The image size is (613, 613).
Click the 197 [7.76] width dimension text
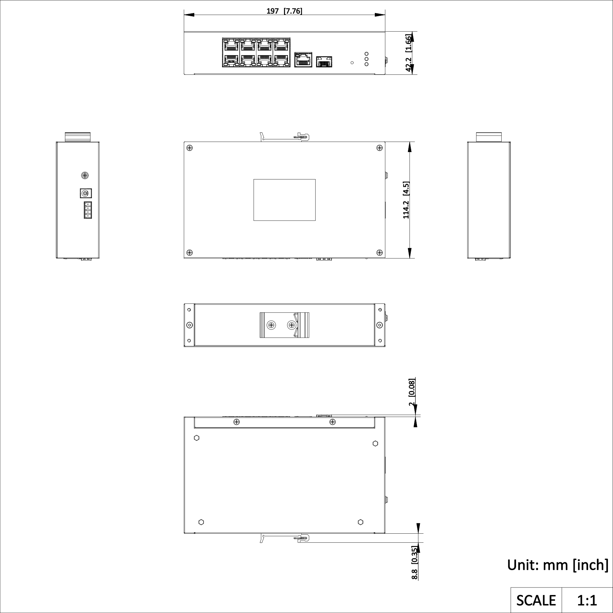tap(284, 11)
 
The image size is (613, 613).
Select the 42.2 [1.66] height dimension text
tap(409, 53)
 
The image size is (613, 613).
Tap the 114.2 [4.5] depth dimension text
tap(406, 200)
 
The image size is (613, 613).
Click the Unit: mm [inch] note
tap(558, 565)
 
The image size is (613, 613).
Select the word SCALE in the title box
tap(536, 600)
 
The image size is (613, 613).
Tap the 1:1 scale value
tap(587, 600)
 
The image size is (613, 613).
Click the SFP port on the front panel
tap(324, 62)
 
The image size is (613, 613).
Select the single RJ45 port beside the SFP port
tap(303, 59)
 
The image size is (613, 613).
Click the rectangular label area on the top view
tap(284, 200)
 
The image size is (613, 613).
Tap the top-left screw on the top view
tap(190, 147)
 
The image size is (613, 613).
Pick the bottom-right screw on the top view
tap(379, 252)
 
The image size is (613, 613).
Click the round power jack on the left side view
tap(85, 193)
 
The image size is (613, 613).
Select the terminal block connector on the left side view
tap(88, 210)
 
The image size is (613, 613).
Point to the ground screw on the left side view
tap(85, 176)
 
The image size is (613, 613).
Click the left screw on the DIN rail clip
tap(271, 325)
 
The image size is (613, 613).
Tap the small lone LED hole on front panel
tap(352, 63)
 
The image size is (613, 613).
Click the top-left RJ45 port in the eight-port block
tap(231, 46)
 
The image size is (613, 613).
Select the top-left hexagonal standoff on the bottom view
tap(196, 438)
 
